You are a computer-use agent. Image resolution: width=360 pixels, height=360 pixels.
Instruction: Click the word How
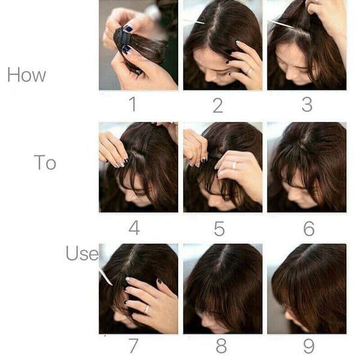tap(26, 75)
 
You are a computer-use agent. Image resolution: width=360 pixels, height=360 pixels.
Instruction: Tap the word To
tap(45, 163)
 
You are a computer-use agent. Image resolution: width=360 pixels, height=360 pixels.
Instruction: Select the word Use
tap(82, 253)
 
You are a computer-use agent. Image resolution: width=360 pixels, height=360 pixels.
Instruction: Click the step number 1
tap(133, 104)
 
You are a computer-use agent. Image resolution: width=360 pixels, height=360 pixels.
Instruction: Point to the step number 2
tap(218, 106)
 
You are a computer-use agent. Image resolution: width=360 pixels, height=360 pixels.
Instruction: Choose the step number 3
tap(307, 104)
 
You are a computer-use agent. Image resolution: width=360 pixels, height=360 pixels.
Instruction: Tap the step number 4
tap(134, 228)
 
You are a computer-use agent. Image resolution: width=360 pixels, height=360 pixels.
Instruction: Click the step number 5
tap(219, 229)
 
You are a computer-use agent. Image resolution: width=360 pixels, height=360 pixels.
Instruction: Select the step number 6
tap(309, 229)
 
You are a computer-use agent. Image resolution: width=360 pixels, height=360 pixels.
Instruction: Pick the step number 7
tap(133, 346)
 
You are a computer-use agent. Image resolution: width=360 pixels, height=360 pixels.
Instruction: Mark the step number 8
tap(221, 346)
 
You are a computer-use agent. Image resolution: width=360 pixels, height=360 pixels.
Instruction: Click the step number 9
tap(309, 346)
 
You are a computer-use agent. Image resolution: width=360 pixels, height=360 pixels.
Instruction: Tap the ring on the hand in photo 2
tap(250, 71)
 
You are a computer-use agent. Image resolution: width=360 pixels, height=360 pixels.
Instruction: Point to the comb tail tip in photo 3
tap(293, 28)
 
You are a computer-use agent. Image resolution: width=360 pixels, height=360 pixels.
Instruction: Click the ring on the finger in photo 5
tap(234, 165)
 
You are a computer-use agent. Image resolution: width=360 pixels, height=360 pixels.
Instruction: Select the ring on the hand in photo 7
tap(147, 309)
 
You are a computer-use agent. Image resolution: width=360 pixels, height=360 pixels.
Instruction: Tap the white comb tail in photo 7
tap(106, 277)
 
